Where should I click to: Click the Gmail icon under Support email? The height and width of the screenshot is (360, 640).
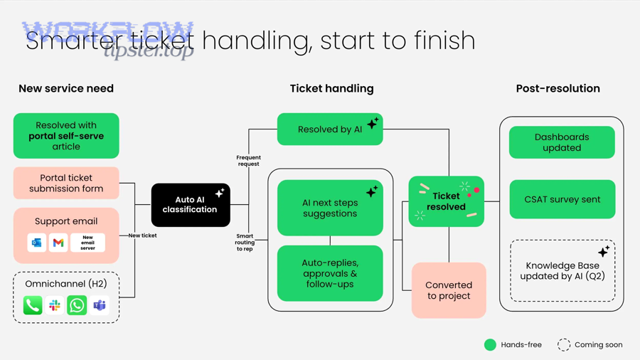[58, 243]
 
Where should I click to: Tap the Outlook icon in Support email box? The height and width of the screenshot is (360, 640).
[36, 243]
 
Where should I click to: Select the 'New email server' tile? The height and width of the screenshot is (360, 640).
[87, 243]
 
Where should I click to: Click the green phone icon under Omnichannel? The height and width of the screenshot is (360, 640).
[33, 305]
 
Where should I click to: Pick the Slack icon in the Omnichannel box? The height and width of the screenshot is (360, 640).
[55, 305]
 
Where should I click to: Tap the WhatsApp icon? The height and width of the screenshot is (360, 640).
[77, 305]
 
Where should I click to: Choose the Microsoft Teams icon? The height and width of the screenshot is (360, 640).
[100, 305]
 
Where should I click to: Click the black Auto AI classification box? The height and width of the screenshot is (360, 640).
[191, 205]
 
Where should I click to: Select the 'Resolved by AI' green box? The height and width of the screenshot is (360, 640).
[329, 129]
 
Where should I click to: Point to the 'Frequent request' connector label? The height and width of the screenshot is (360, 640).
[248, 161]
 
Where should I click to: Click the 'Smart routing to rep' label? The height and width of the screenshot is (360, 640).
[245, 243]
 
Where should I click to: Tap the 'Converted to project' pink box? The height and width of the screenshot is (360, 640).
[449, 290]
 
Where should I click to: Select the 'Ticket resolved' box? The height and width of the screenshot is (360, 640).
[446, 201]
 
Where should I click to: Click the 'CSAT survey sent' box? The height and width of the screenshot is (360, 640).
[562, 199]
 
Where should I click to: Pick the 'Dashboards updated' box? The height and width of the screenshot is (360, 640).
[562, 142]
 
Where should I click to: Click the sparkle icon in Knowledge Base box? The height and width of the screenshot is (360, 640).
[603, 251]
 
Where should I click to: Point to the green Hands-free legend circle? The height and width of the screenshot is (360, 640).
[490, 345]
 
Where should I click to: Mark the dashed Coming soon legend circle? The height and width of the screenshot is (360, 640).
[564, 345]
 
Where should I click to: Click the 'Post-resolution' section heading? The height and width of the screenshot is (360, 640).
[558, 89]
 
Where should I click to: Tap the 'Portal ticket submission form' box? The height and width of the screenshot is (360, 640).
[66, 184]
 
